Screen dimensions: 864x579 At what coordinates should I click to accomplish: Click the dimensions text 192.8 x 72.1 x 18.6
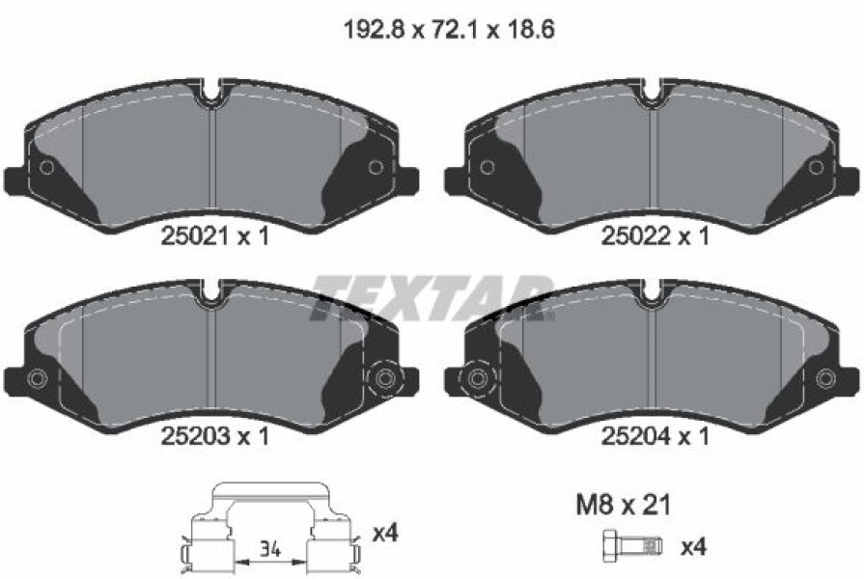449,29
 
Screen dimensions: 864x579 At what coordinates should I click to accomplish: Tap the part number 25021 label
194,236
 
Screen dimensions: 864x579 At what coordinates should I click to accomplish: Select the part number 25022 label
635,236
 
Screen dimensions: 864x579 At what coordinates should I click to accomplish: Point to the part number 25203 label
194,437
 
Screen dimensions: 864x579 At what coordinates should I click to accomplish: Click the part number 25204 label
635,437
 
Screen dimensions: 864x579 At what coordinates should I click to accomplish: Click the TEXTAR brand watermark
432,298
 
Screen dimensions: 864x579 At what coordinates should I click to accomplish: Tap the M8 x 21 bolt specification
624,505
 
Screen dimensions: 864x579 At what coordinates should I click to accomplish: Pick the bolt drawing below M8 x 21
633,546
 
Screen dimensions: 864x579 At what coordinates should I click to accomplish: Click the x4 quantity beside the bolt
694,547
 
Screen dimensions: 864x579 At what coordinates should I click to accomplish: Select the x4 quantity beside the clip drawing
385,533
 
